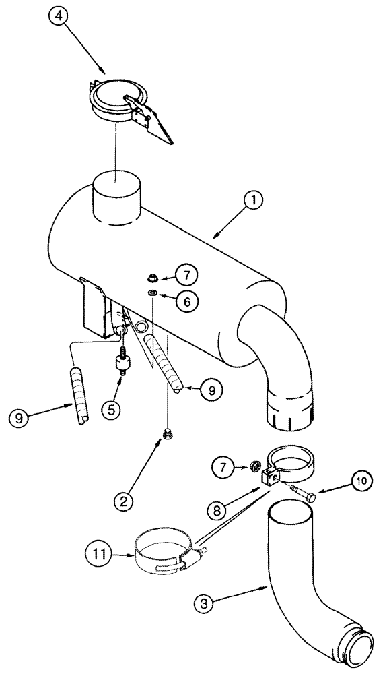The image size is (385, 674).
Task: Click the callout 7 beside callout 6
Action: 188,274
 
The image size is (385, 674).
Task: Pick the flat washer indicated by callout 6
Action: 153,293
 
